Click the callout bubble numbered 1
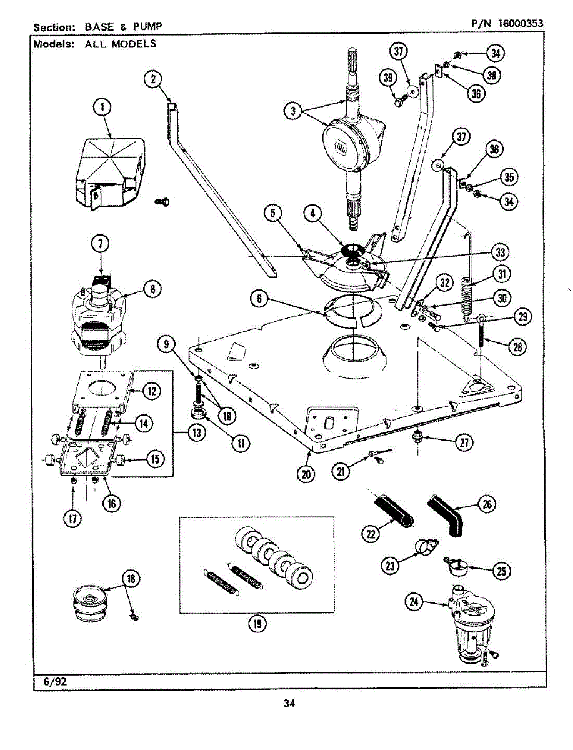(x=102, y=107)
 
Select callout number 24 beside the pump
(x=414, y=602)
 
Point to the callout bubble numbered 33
(x=500, y=252)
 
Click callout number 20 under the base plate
(x=306, y=474)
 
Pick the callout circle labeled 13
(x=197, y=433)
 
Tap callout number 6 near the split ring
(x=259, y=299)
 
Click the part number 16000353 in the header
(x=520, y=24)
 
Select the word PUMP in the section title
(x=147, y=27)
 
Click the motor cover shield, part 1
(x=109, y=173)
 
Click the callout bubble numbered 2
(x=153, y=79)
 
